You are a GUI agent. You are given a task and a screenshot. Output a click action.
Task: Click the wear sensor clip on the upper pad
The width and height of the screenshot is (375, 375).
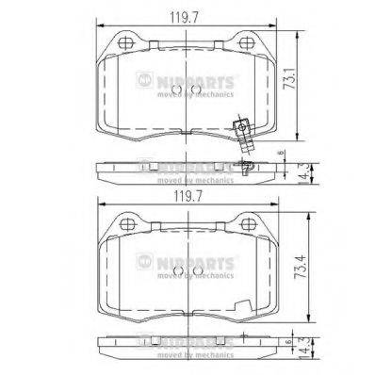243,132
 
